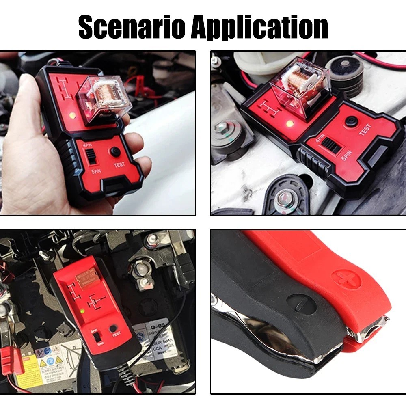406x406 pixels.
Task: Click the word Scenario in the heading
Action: tap(131, 27)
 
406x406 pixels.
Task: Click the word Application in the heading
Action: tap(259, 27)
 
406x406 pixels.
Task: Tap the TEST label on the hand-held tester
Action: tap(119, 165)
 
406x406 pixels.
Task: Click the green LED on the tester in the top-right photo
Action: tap(289, 123)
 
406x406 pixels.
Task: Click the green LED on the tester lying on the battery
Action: tap(82, 312)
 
